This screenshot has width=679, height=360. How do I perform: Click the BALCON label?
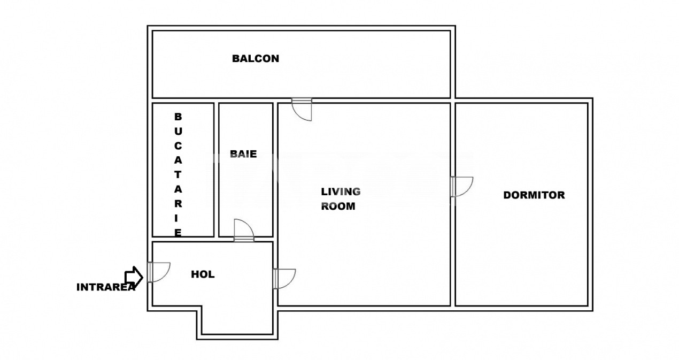click(256, 58)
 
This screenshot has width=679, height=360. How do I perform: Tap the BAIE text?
click(243, 154)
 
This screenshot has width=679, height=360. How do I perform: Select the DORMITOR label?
click(534, 195)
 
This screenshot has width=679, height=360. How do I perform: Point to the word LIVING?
click(341, 192)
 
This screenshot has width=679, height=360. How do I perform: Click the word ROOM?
click(338, 206)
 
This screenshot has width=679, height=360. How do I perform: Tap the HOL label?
click(203, 274)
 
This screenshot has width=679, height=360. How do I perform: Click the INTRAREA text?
click(106, 287)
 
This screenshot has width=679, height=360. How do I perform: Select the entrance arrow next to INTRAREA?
click(134, 277)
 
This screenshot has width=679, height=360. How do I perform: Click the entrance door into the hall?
click(159, 272)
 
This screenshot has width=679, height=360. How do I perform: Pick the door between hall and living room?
click(284, 279)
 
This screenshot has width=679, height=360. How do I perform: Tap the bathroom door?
click(244, 231)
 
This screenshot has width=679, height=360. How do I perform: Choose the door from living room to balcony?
click(302, 110)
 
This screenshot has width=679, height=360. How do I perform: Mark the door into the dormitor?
click(461, 187)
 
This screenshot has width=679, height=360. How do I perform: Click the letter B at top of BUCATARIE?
click(178, 117)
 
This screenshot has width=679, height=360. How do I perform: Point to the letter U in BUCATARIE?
click(178, 132)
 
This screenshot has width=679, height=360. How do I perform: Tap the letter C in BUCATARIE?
click(178, 146)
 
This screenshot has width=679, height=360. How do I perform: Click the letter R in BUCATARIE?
click(178, 204)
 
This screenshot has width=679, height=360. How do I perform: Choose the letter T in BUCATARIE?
click(178, 175)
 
